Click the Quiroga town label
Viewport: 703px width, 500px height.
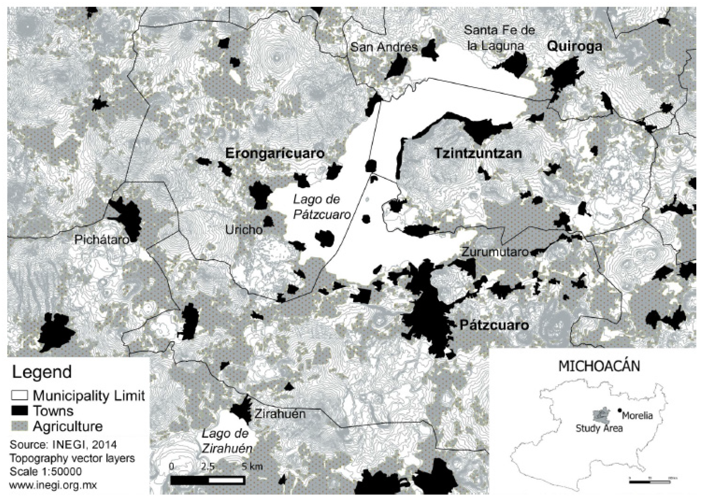tap(574, 46)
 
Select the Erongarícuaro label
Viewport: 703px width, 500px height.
tap(275, 153)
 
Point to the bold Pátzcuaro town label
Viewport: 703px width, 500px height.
tap(494, 325)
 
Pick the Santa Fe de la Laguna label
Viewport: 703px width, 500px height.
tap(499, 38)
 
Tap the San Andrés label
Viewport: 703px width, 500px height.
tap(384, 47)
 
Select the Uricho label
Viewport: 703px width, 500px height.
tap(244, 230)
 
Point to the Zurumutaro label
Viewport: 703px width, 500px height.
tap(495, 252)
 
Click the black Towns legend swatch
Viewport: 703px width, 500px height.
tap(19, 411)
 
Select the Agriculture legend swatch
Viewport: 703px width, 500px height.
tap(19, 426)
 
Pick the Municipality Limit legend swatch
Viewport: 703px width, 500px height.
tap(19, 395)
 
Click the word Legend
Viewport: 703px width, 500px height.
tap(42, 372)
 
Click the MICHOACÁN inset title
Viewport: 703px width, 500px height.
tap(599, 367)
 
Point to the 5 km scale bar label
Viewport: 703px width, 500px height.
tap(252, 466)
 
